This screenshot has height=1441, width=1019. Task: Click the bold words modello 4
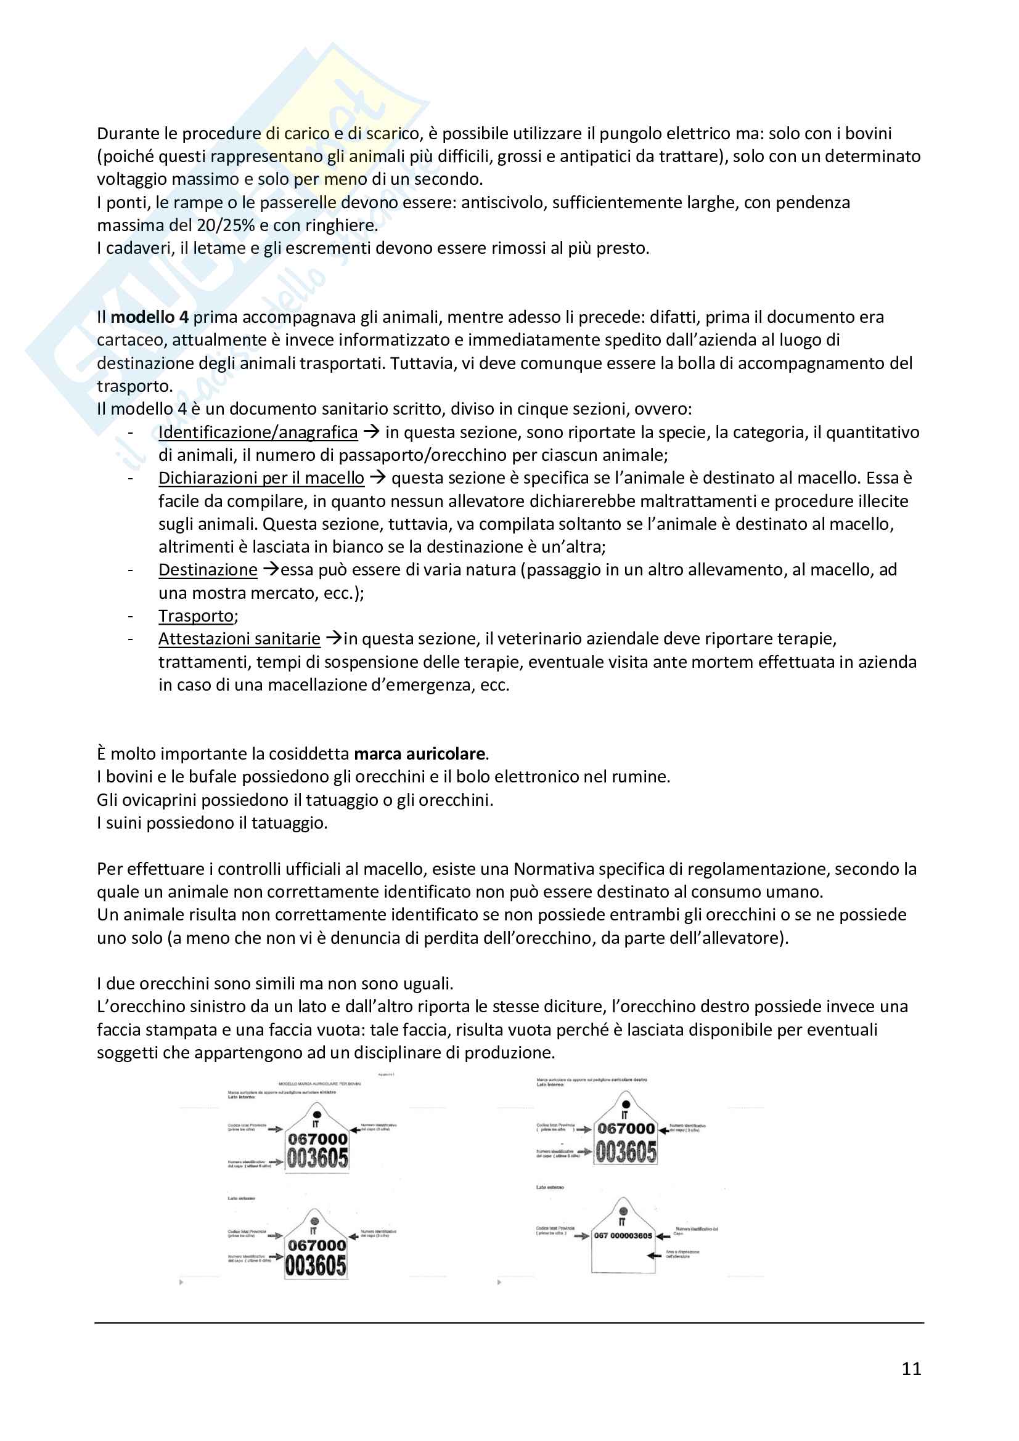[149, 317]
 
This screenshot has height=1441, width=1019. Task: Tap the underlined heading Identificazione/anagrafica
[258, 432]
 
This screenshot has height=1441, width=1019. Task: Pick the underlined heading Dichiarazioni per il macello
[261, 478]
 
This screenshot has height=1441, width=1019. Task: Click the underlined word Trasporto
[196, 616]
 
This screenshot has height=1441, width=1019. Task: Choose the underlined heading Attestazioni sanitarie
[239, 639]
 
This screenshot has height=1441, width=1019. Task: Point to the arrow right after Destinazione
[271, 570]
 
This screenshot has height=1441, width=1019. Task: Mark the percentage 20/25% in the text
[226, 225]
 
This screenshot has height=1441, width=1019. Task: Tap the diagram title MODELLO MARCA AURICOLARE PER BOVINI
[319, 1084]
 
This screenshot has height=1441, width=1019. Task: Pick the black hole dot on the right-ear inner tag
[625, 1104]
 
